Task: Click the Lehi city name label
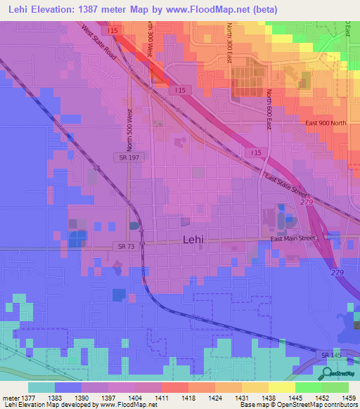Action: point(193,239)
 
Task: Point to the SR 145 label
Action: point(331,356)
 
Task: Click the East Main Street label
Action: point(295,239)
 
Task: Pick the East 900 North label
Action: point(326,124)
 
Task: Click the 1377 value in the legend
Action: point(28,398)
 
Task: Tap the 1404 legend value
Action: point(135,398)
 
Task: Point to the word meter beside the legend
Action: point(11,398)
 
